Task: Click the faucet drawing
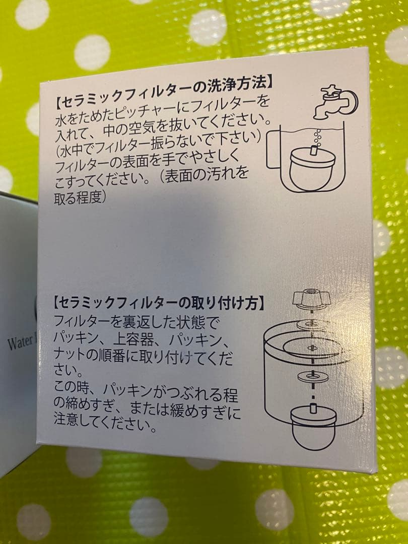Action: pyautogui.click(x=336, y=101)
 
